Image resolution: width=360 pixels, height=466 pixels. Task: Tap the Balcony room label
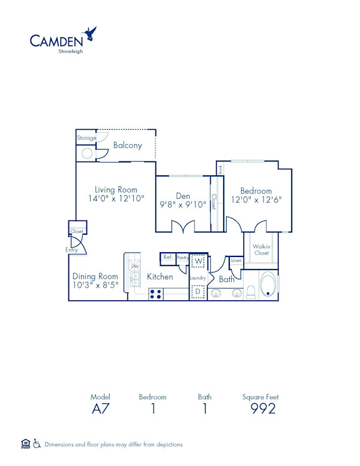click(x=127, y=145)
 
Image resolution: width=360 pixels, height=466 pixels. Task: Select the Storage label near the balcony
click(x=86, y=138)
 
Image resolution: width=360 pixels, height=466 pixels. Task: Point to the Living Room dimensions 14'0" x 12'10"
click(x=116, y=198)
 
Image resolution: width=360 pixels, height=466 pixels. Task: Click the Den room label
click(x=183, y=196)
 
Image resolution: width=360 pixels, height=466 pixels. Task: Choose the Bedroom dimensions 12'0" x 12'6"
click(x=257, y=199)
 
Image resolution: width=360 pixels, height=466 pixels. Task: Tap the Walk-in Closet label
click(x=260, y=249)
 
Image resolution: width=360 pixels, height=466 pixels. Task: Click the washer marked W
click(x=198, y=261)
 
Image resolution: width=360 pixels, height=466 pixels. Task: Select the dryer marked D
click(x=198, y=291)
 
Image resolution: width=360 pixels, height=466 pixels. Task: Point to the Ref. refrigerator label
click(x=167, y=258)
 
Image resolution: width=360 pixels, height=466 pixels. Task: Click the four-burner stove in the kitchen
click(x=156, y=294)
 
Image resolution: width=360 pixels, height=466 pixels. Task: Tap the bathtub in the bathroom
click(x=269, y=286)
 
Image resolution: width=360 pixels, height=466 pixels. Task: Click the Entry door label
click(x=71, y=250)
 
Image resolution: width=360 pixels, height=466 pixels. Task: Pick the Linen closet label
click(x=236, y=261)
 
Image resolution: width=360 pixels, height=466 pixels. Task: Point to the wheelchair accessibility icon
click(x=37, y=444)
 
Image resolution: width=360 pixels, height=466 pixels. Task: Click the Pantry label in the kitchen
click(x=182, y=258)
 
